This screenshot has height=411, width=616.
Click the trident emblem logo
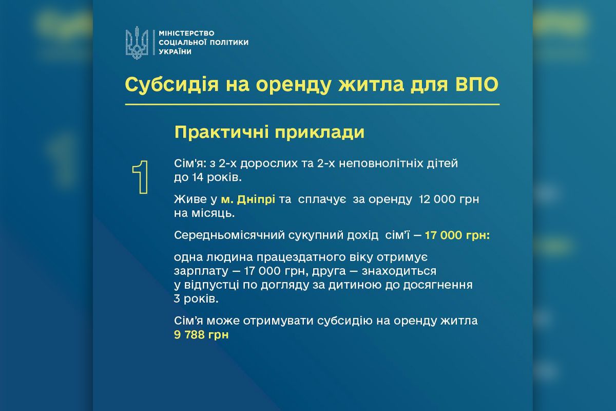[137, 44]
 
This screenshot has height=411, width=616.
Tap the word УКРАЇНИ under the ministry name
[175, 52]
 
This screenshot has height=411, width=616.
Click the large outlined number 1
[140, 177]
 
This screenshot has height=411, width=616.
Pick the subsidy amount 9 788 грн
[201, 334]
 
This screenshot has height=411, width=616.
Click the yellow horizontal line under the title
[312, 104]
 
